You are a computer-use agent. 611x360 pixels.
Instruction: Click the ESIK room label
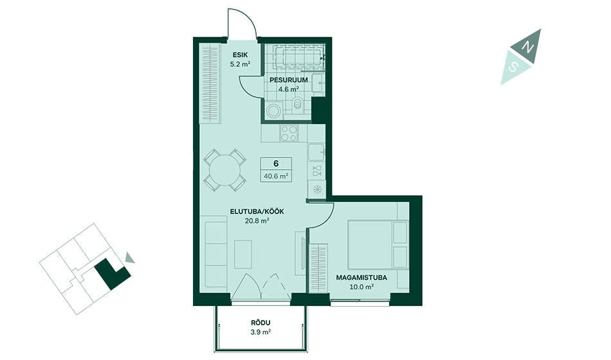[x=240, y=55]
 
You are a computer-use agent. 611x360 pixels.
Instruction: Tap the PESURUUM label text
[x=289, y=80]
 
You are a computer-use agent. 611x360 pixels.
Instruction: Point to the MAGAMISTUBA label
[x=361, y=278]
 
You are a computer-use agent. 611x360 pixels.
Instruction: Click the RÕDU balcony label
[x=260, y=323]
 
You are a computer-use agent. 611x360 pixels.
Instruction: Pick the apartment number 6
[x=276, y=163]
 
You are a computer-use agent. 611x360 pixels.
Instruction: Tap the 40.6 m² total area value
[x=276, y=176]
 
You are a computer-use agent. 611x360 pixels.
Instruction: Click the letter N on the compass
[x=528, y=47]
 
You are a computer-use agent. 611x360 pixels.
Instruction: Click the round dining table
[x=225, y=170]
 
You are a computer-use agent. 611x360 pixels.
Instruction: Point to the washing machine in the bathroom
[x=275, y=111]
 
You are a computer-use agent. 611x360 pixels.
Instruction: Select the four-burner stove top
[x=289, y=133]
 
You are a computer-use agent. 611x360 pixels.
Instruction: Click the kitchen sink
[x=316, y=152]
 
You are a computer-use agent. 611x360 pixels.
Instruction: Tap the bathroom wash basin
[x=319, y=84]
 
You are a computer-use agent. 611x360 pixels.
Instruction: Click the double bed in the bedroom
[x=377, y=244]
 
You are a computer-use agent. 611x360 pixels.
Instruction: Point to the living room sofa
[x=216, y=255]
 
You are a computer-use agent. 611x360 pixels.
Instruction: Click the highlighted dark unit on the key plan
[x=111, y=274]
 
